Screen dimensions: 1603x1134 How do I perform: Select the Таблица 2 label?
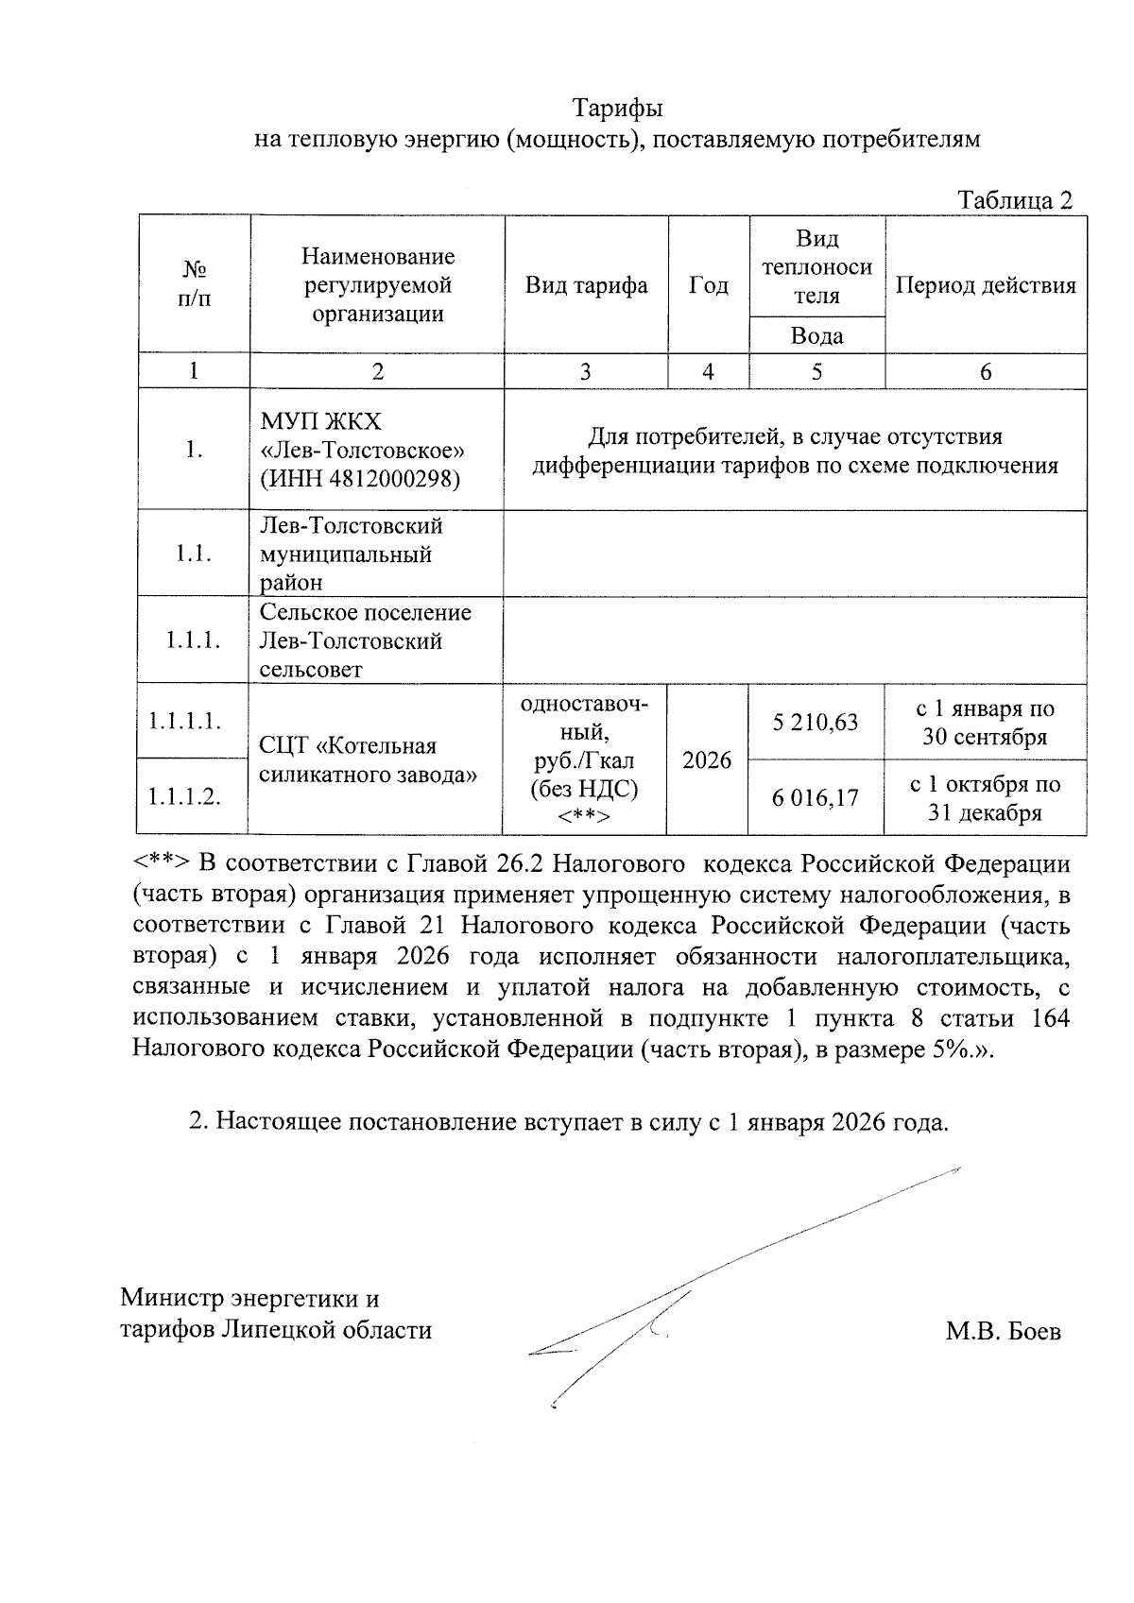tap(1015, 200)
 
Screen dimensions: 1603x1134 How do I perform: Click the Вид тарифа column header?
tap(586, 285)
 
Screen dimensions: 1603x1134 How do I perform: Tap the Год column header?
tap(708, 285)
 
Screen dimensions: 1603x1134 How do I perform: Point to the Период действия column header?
tap(985, 285)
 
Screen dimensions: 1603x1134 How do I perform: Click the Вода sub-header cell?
tap(816, 336)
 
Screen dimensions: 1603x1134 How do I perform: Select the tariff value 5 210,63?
tap(815, 723)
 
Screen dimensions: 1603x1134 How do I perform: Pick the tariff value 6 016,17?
tap(815, 798)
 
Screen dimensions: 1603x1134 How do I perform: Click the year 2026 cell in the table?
tap(707, 760)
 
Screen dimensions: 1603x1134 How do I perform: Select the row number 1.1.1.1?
tap(184, 722)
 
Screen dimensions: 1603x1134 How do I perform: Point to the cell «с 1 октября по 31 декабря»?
tap(985, 798)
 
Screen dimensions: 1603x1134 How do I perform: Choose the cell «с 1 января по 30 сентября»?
tap(985, 723)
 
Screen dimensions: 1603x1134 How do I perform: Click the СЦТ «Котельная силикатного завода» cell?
tap(367, 760)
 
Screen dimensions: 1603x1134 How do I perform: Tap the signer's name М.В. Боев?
tap(1003, 1331)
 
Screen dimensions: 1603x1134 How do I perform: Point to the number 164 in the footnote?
tap(1050, 1020)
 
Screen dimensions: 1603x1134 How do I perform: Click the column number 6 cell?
tap(985, 372)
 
